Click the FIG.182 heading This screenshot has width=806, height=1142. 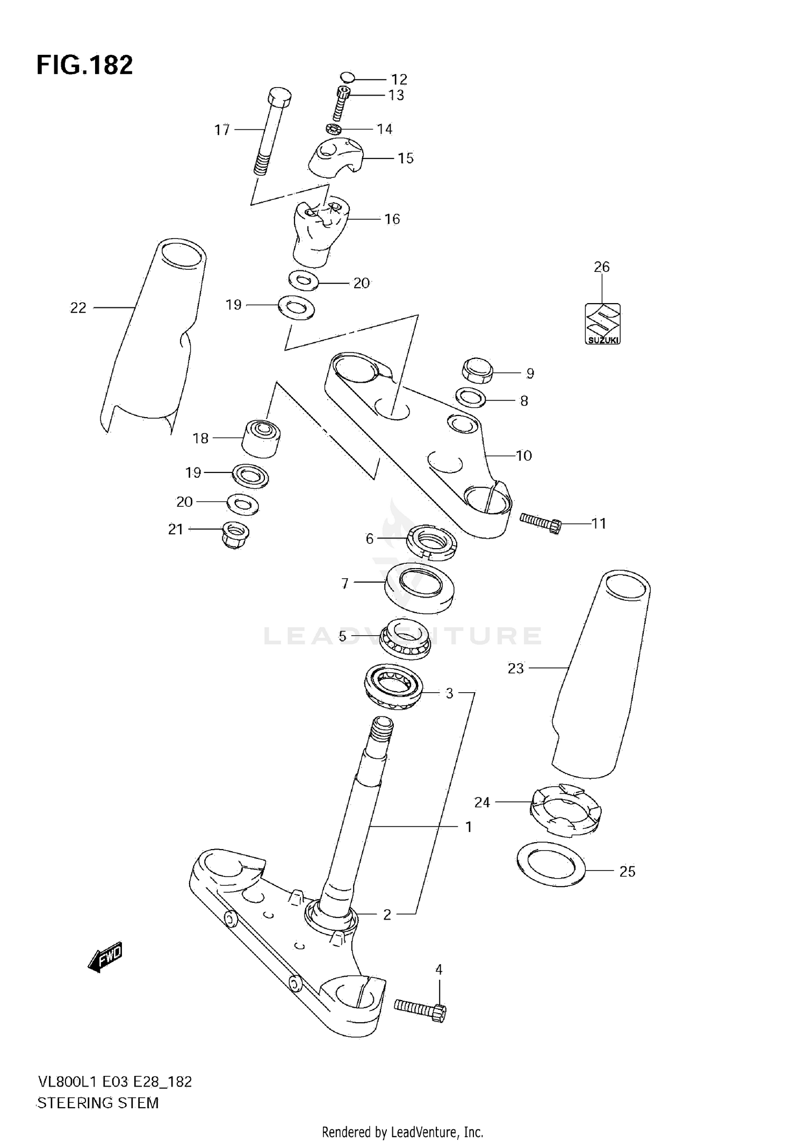pos(84,65)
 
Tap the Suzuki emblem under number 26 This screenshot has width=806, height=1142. pos(602,324)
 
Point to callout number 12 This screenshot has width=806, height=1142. pos(399,80)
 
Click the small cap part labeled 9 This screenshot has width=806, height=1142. pos(477,370)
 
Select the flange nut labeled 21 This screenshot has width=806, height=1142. pos(235,534)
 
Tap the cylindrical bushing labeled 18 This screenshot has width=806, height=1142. pos(261,437)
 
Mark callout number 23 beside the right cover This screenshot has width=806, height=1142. pos(515,668)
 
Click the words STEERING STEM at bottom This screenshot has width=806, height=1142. pos(98,1103)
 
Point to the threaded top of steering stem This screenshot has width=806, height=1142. pos(382,731)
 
